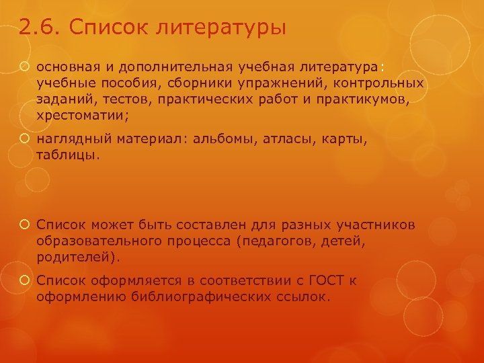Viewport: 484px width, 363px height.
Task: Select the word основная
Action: (66, 67)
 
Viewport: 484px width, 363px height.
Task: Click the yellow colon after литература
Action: (382, 67)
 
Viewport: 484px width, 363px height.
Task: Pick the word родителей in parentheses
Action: (76, 256)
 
